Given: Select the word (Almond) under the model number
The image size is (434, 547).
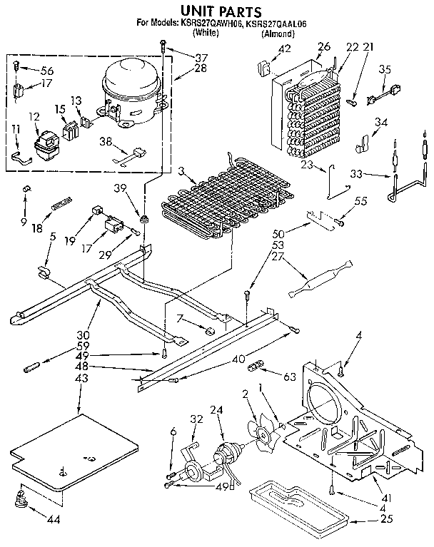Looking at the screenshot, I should point(277,34).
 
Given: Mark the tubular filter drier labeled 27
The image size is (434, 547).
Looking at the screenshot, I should point(315,280).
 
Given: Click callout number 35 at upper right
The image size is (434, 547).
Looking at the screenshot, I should point(385,69).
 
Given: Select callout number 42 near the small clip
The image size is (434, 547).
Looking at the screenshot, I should point(285,49).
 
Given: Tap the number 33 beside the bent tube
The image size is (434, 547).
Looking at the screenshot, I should point(356,173).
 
